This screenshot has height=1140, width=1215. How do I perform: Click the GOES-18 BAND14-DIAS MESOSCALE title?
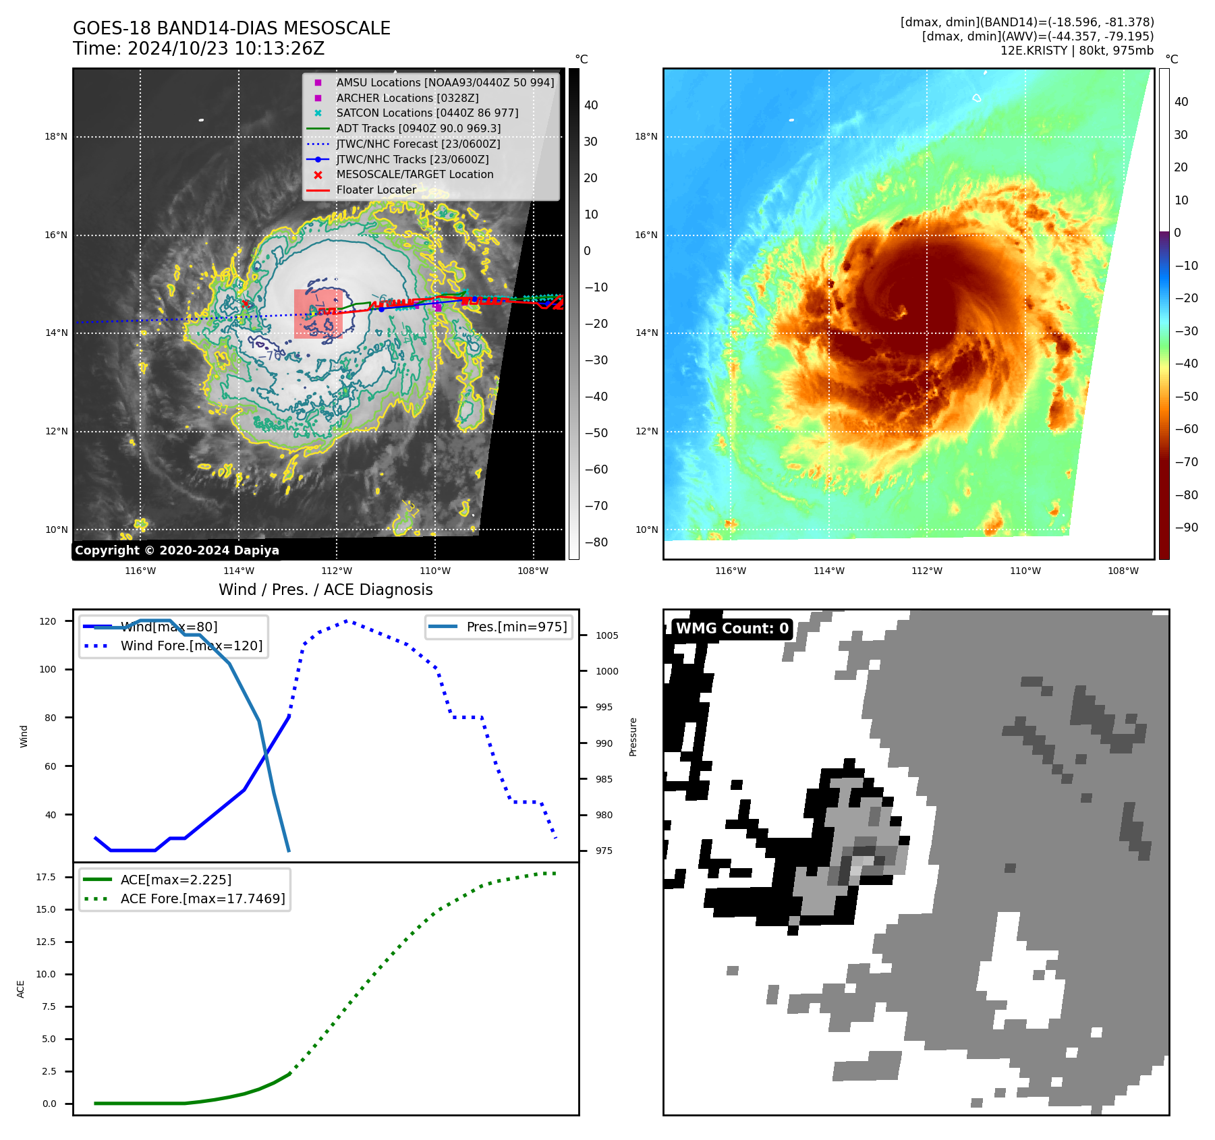tap(231, 28)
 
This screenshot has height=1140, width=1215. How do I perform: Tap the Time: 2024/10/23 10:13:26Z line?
tap(198, 49)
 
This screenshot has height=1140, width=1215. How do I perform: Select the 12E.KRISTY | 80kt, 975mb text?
tap(1077, 51)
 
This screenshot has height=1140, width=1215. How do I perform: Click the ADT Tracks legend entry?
tap(418, 128)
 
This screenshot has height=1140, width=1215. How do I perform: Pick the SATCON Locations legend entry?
tap(427, 113)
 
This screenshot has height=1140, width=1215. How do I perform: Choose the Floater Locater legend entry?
tap(376, 190)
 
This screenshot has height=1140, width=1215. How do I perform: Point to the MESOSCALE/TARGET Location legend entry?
tap(414, 174)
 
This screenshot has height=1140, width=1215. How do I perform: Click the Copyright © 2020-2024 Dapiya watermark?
tap(177, 550)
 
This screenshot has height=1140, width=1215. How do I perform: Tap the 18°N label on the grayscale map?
tap(56, 137)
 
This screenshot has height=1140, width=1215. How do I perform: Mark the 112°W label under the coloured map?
tap(927, 571)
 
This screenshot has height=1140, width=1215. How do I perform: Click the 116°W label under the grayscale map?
tap(140, 571)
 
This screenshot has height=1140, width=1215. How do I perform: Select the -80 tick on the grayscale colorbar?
tap(596, 542)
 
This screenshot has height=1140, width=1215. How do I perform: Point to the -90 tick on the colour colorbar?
tap(1186, 528)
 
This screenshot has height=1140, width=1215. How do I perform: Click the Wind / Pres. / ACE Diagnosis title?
tap(325, 590)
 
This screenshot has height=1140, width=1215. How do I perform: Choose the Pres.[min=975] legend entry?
tap(516, 627)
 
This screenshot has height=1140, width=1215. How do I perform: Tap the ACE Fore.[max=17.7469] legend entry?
tap(202, 899)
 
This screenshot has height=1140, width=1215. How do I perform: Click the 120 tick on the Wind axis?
tap(48, 621)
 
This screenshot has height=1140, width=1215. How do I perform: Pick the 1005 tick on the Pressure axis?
tap(606, 635)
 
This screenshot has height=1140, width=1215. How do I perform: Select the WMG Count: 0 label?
tap(732, 629)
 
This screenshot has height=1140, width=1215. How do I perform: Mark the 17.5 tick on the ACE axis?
tap(46, 877)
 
